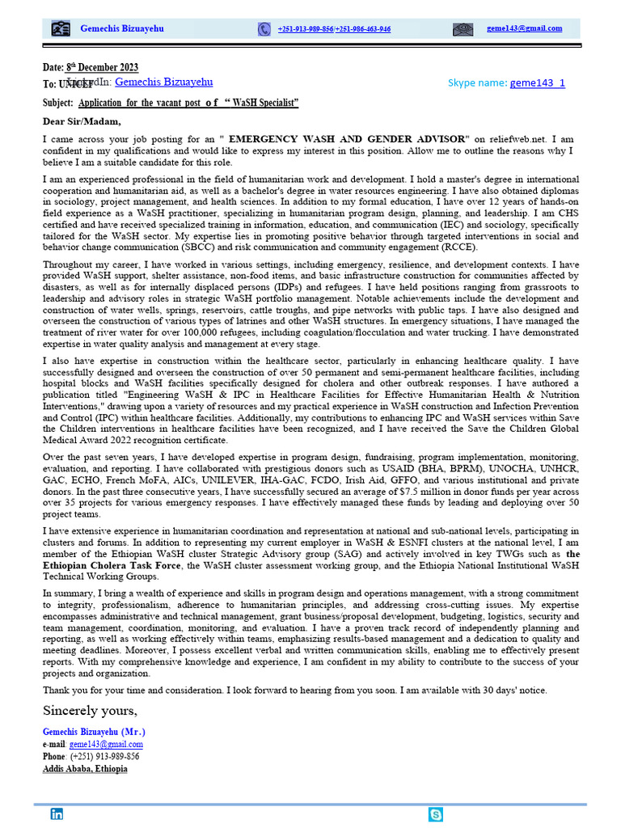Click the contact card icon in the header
pos(61,29)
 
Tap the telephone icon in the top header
pos(264,29)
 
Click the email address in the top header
pos(524,28)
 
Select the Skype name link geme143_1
pos(537,83)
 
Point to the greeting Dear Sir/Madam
pos(82,122)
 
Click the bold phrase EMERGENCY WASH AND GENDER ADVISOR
pos(349,139)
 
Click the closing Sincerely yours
pos(90,711)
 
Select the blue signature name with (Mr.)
pos(94,732)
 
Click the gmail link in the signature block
pos(106,744)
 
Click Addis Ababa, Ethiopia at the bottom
pos(85,768)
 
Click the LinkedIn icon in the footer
pos(57,814)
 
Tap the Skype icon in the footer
pos(436,814)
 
